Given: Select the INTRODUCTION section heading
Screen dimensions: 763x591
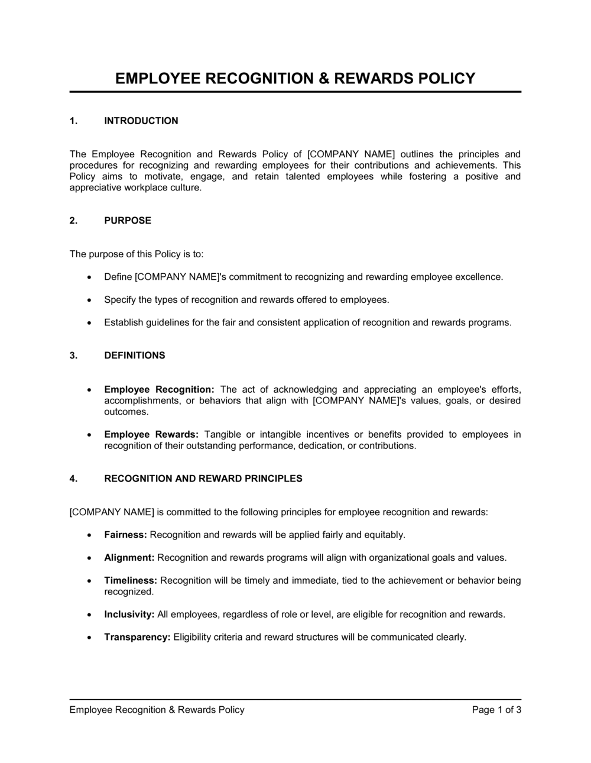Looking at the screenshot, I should (141, 121).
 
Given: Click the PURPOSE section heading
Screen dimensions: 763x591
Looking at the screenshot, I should (128, 221).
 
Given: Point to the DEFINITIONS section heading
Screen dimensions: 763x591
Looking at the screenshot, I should (135, 355).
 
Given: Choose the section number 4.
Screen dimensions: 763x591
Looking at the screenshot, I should (73, 479).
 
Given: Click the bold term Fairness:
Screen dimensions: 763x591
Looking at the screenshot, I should (125, 535).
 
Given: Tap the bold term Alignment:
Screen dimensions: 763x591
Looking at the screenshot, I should (129, 558).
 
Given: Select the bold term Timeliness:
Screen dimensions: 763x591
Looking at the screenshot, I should (131, 580).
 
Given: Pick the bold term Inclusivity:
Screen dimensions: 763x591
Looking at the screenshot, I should (129, 615).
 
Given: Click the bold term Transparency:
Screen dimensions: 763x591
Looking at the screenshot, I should (137, 637).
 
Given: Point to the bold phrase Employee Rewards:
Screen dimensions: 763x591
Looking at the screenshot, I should (151, 435).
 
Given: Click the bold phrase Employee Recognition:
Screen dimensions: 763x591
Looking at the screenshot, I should (159, 390).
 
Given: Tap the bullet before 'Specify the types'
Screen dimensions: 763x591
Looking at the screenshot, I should (89, 300).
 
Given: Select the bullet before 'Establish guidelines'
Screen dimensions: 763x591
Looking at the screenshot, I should (89, 324).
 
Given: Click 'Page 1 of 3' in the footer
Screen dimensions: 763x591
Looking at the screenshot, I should (496, 710).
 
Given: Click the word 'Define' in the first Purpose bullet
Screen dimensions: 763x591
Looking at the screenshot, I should (118, 277).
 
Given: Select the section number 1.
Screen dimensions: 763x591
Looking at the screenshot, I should (73, 121).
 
